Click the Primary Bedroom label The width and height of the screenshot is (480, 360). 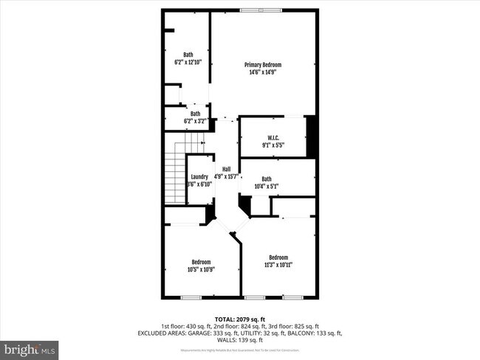pyautogui.click(x=263, y=65)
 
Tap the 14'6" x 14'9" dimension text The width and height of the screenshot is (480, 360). pyautogui.click(x=263, y=72)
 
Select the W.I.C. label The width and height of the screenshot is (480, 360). pyautogui.click(x=272, y=138)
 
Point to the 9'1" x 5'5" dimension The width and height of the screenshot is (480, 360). pyautogui.click(x=272, y=145)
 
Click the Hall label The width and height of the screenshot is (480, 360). pyautogui.click(x=226, y=169)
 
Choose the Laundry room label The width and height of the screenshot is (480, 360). pyautogui.click(x=199, y=176)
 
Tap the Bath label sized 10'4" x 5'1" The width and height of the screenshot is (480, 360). pyautogui.click(x=266, y=179)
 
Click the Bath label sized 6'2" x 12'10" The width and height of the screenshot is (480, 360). pyautogui.click(x=188, y=55)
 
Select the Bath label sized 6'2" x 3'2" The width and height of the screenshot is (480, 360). pyautogui.click(x=195, y=114)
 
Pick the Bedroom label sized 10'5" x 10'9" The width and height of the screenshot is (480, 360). pyautogui.click(x=202, y=262)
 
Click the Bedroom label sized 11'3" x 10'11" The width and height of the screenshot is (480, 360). pyautogui.click(x=278, y=257)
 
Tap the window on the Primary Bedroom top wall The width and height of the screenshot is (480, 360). pyautogui.click(x=261, y=10)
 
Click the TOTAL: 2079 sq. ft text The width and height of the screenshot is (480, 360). pyautogui.click(x=239, y=318)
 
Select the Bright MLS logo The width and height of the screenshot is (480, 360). pyautogui.click(x=30, y=347)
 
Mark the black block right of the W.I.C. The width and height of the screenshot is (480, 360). pyautogui.click(x=312, y=136)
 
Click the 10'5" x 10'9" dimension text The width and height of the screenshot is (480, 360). pyautogui.click(x=202, y=269)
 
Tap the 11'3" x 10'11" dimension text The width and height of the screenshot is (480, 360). pyautogui.click(x=278, y=265)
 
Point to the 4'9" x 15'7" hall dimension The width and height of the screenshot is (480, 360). pyautogui.click(x=226, y=176)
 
